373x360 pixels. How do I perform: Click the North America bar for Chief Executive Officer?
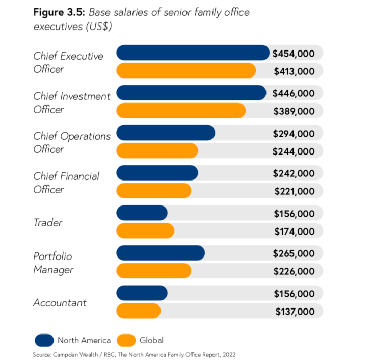coord(193,53)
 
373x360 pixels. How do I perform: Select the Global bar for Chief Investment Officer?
coord(181,111)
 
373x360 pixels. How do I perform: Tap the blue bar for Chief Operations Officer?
coord(166,133)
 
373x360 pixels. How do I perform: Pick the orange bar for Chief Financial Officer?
coord(154,190)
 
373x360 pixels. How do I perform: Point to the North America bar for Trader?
coord(142,213)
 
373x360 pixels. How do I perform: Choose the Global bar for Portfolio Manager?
coord(154,271)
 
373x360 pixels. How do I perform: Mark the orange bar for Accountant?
coord(139,311)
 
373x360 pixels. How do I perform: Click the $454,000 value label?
coord(294,53)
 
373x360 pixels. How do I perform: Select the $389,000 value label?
coord(294,111)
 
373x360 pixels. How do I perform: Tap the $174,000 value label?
coord(294,232)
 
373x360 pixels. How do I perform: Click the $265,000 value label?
coord(294,253)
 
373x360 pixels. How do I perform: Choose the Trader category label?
coord(48,223)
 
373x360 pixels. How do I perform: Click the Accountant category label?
coord(60,303)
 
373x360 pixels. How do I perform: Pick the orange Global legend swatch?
coord(126,340)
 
